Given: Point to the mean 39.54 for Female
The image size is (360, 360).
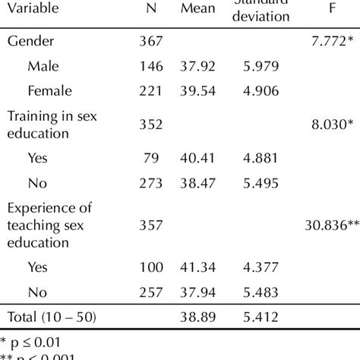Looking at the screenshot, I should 197,91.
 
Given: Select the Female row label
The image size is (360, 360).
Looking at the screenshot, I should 49,91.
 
